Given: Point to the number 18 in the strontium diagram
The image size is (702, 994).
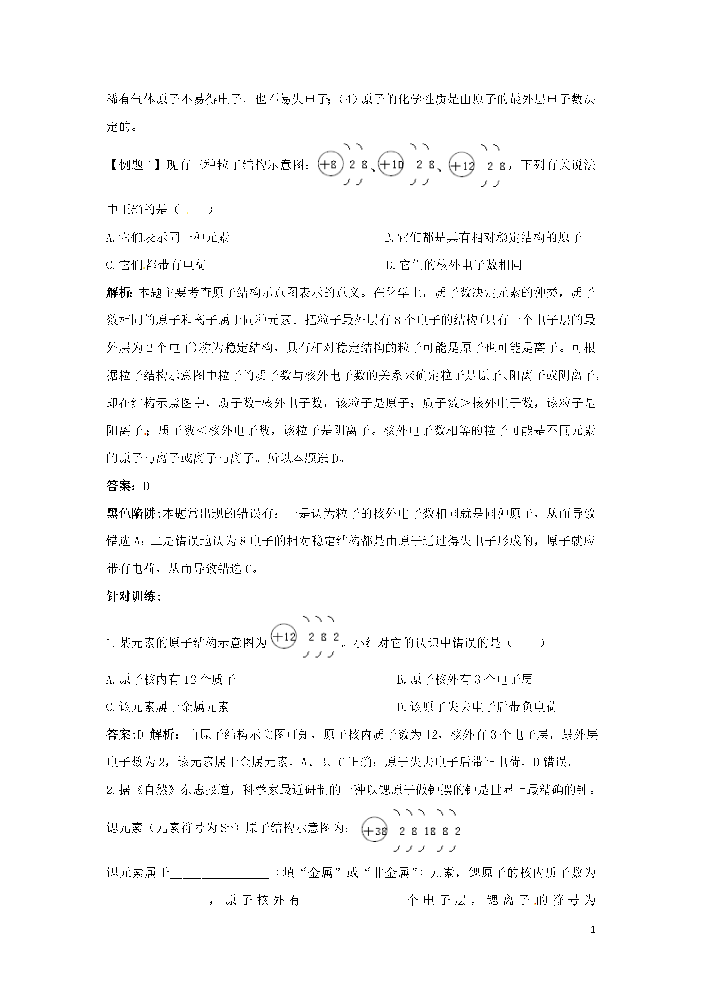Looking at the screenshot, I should [x=430, y=831].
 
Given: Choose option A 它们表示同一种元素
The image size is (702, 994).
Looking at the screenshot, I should [x=168, y=237].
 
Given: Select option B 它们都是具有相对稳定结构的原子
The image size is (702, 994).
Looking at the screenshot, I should [x=483, y=237].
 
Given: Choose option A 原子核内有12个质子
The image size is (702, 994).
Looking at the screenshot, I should [x=171, y=679].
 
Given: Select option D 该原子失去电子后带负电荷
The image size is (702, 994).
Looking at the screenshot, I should [x=477, y=707].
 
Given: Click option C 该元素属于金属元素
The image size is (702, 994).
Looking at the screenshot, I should [x=168, y=707].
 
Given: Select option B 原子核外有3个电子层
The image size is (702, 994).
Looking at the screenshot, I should [x=465, y=679].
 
